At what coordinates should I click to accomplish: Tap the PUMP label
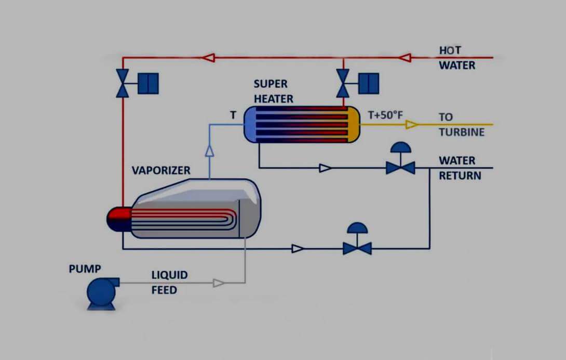[85, 269]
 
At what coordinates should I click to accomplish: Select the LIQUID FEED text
[169, 282]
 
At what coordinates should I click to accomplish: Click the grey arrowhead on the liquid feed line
[219, 283]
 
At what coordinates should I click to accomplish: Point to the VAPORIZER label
[161, 170]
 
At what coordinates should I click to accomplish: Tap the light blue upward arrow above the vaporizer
[209, 151]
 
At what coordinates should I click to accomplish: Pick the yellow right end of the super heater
[353, 124]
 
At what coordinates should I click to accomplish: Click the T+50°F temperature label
[385, 115]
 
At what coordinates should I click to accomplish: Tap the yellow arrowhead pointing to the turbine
[411, 125]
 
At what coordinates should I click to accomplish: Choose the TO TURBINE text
[461, 125]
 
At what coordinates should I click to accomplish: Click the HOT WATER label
[457, 58]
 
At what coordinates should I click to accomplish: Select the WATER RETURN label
[460, 168]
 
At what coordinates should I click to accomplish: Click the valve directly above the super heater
[343, 83]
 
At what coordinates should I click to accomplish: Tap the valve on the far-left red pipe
[123, 83]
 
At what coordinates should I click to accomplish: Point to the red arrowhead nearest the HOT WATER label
[405, 57]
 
